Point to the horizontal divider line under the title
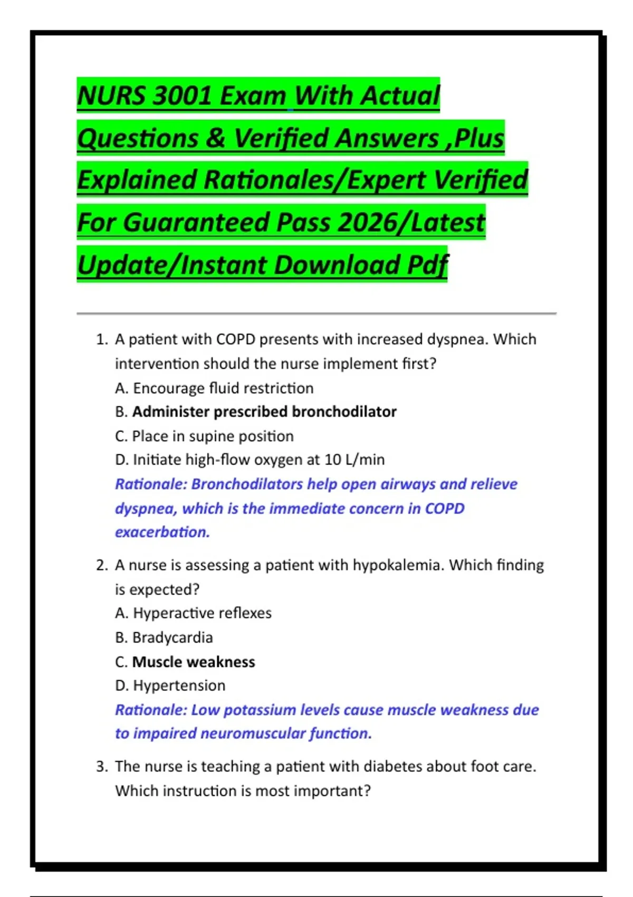316,313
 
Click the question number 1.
101,339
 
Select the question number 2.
101,565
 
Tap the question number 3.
101,766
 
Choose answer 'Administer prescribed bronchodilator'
264,412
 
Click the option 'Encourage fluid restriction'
223,388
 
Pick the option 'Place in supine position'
213,436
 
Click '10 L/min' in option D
354,460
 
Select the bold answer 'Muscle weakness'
194,662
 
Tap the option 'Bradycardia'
172,637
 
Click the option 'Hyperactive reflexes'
202,613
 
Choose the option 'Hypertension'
179,685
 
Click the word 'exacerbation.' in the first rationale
162,532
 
